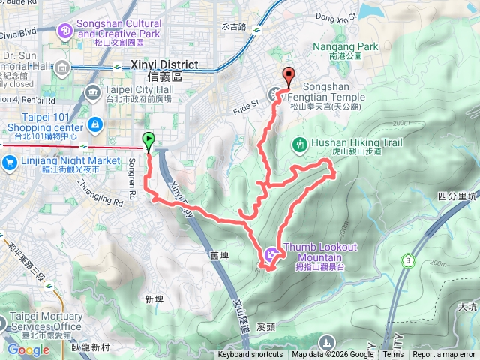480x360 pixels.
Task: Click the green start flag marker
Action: tap(148, 139)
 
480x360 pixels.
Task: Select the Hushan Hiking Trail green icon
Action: tap(300, 143)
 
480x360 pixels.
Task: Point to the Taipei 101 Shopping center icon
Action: tap(95, 124)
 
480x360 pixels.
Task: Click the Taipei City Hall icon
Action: tap(94, 94)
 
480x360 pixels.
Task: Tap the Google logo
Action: tap(28, 349)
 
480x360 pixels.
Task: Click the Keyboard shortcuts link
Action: tap(250, 355)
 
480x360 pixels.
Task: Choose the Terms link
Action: tap(392, 355)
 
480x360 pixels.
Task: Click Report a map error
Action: tap(444, 355)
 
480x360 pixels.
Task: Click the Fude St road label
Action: tap(248, 94)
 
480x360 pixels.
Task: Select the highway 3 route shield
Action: tap(407, 260)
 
